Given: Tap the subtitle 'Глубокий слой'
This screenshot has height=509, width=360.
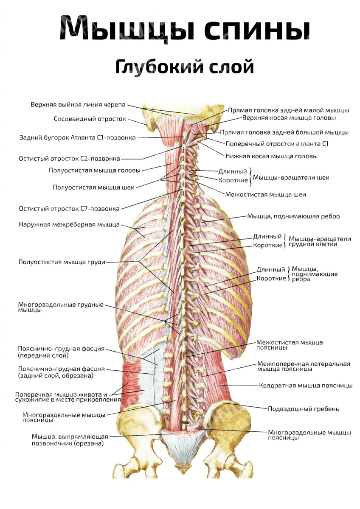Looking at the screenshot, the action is pos(184,67).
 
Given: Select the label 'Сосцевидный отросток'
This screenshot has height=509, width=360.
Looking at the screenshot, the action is pos(90,119).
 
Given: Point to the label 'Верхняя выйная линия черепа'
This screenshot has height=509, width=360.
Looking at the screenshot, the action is pos(78,104).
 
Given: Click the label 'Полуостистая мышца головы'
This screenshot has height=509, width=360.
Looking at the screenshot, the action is pos(95,171).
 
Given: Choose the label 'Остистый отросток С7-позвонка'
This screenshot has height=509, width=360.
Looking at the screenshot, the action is pos(69,208).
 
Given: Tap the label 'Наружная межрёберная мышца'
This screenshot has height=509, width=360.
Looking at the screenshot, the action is pos(69,225).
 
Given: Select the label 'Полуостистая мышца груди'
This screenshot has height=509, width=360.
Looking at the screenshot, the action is pos(62,262).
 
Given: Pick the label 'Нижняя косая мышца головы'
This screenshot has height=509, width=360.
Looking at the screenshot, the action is pos(271,156).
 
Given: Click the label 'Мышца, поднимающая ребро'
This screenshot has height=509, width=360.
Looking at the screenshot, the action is pos(293,216).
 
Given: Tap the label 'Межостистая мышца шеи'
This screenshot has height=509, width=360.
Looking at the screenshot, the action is pos(265,195).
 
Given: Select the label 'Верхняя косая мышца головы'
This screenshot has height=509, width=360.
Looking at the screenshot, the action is pos(289,118).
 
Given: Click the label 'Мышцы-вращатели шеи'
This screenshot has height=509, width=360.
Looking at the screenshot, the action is pos(291,177).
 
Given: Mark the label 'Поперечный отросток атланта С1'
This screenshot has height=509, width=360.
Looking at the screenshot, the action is pos(277,144).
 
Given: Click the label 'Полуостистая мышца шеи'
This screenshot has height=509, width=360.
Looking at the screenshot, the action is pos(94,187).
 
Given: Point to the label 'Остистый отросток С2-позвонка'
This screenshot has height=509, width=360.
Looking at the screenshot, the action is pos(69,158).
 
